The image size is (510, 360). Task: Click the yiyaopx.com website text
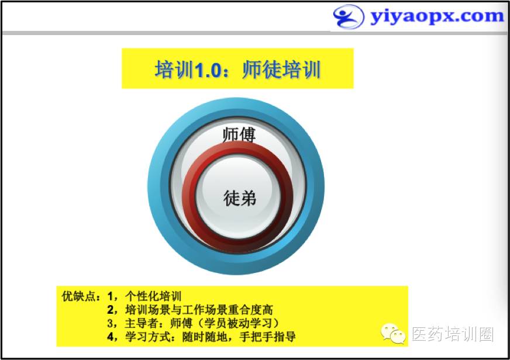pyautogui.click(x=437, y=16)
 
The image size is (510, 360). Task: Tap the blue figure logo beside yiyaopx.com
pyautogui.click(x=349, y=16)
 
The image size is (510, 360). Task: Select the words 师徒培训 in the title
pyautogui.click(x=282, y=70)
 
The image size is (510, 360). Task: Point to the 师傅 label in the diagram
pyautogui.click(x=239, y=135)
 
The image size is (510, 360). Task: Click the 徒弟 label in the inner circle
pyautogui.click(x=239, y=198)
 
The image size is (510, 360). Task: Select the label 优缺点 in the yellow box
pyautogui.click(x=77, y=296)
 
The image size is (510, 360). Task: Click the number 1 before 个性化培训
pyautogui.click(x=111, y=296)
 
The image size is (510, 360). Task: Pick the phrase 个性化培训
pyautogui.click(x=153, y=296)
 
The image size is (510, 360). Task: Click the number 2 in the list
pyautogui.click(x=111, y=310)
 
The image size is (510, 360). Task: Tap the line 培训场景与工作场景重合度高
pyautogui.click(x=199, y=310)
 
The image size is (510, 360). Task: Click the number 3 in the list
pyautogui.click(x=111, y=323)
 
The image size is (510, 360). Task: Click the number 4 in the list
pyautogui.click(x=111, y=337)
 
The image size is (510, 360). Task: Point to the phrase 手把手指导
pyautogui.click(x=267, y=337)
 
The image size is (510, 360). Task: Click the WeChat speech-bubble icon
pyautogui.click(x=393, y=333)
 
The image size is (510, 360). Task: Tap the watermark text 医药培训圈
pyautogui.click(x=453, y=334)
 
